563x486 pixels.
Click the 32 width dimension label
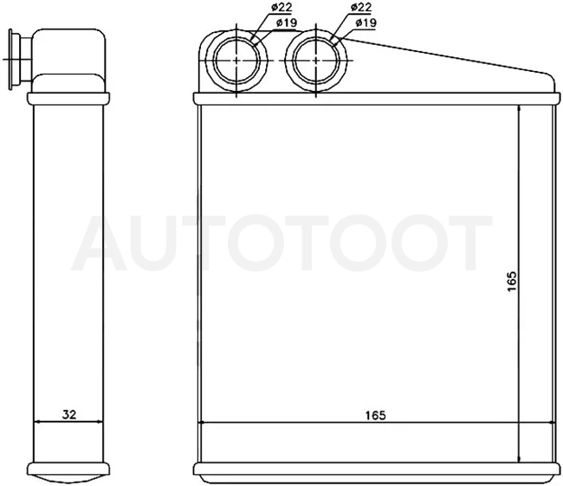[x=69, y=414]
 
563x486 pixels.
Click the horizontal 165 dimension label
[x=375, y=415]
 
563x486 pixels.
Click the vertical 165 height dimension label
[x=513, y=281]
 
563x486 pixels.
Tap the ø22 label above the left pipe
[x=281, y=7]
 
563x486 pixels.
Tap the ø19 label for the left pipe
[x=287, y=23]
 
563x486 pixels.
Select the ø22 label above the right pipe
[x=361, y=7]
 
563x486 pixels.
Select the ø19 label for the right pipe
[x=366, y=23]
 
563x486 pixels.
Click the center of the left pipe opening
[x=236, y=61]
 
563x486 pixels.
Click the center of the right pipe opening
[x=316, y=61]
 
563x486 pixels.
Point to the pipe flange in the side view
[x=10, y=59]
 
